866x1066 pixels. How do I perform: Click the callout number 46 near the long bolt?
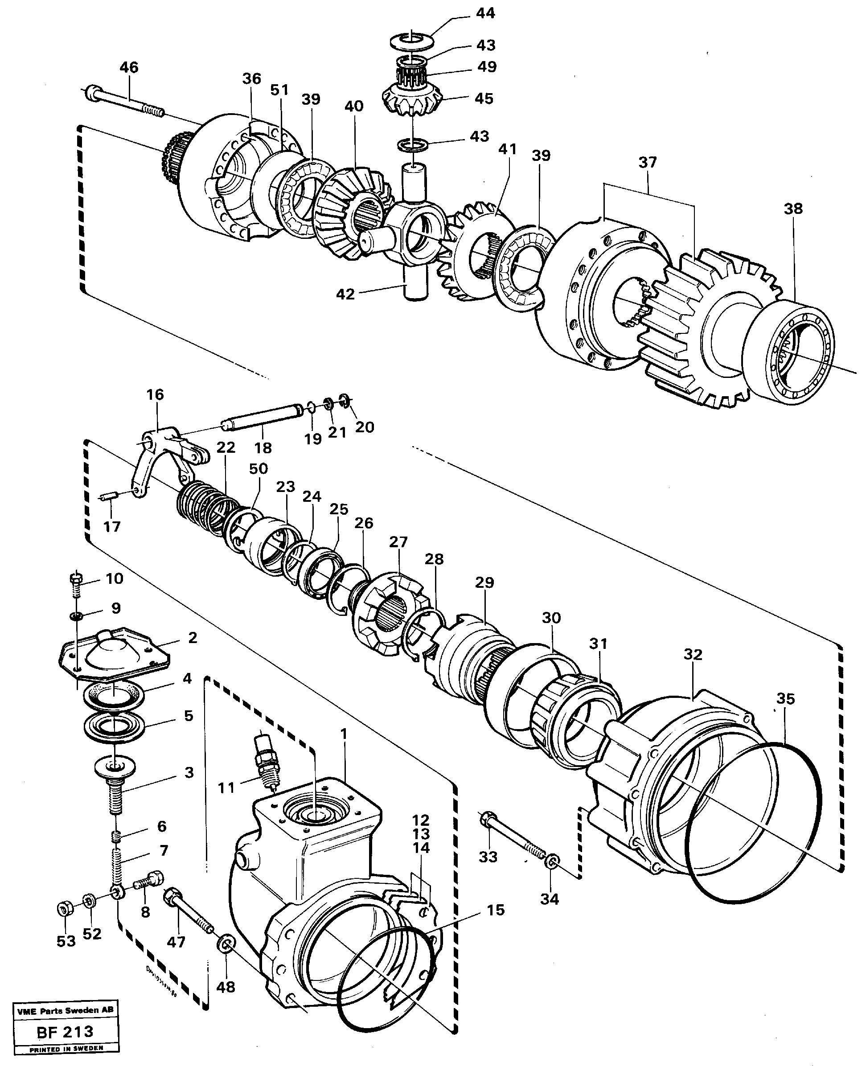tap(129, 67)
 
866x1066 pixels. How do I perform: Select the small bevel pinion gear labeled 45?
tap(412, 99)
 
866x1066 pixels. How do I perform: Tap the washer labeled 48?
tap(226, 943)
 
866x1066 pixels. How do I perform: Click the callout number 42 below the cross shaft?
tap(345, 294)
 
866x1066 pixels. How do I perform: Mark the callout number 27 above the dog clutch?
tap(398, 542)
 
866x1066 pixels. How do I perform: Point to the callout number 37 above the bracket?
tap(648, 162)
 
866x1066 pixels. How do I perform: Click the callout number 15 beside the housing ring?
tap(495, 910)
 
